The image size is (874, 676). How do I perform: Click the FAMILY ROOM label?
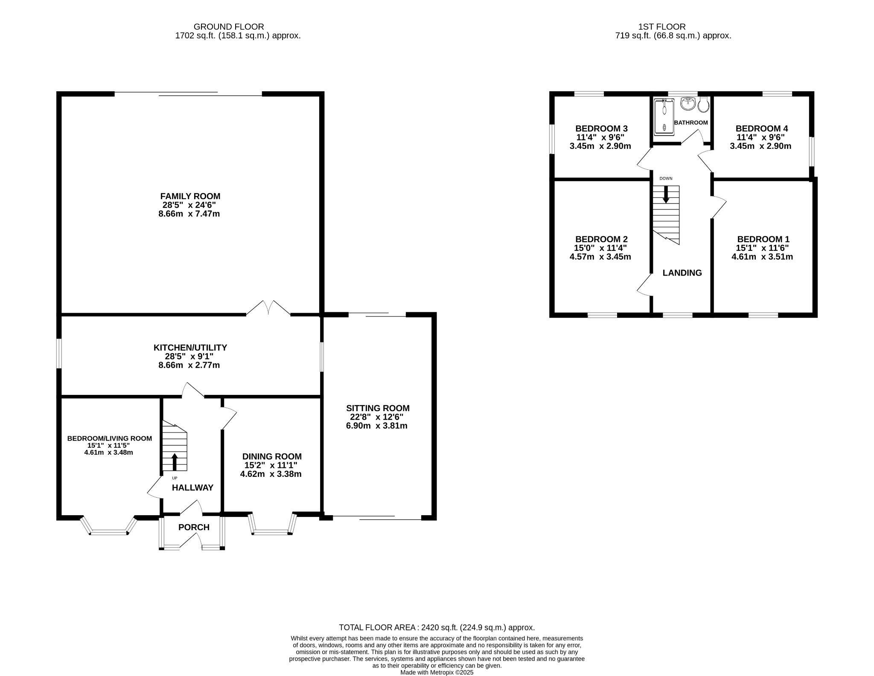coord(190,196)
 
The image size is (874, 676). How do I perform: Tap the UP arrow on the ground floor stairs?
coord(175,461)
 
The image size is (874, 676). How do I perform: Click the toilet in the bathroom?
coord(704,104)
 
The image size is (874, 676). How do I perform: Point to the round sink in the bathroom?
coord(688,103)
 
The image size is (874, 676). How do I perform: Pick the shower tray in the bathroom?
coord(664,116)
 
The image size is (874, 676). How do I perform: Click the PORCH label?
coord(194,527)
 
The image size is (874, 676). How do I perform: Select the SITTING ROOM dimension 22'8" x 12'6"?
coord(375,417)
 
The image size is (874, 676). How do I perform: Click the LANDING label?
coord(682,273)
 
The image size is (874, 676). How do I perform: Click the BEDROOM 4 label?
coord(762,128)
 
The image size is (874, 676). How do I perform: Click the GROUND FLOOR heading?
coord(229,27)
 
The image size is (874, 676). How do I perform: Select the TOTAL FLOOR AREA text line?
coord(437,627)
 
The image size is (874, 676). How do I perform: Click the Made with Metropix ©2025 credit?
coord(437,672)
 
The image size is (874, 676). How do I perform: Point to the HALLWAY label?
coord(192,487)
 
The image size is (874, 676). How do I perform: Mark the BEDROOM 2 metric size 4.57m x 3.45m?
coord(600,257)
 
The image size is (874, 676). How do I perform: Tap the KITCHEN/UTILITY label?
coord(190,348)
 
